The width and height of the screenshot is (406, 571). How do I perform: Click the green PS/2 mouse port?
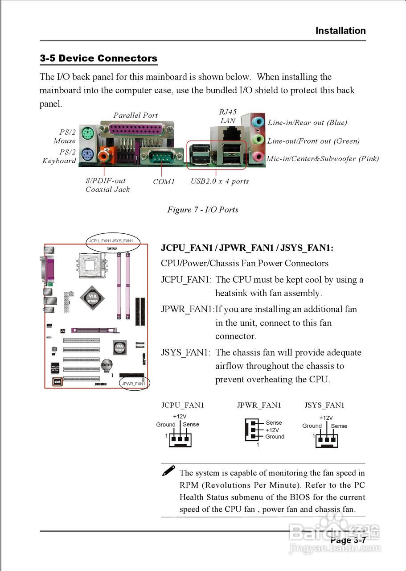tap(87, 132)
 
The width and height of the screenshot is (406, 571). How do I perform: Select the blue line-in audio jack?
tap(257, 122)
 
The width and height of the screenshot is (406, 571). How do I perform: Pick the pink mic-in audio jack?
tap(257, 157)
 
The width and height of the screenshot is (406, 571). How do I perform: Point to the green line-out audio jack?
tap(257, 140)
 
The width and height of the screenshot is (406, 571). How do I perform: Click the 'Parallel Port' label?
tap(135, 115)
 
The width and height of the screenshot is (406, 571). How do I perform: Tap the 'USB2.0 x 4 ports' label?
tap(220, 181)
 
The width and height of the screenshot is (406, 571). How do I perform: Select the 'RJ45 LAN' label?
tap(228, 116)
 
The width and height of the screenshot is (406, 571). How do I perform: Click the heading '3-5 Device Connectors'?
tap(98, 58)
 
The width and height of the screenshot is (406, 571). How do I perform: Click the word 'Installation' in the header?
tap(340, 31)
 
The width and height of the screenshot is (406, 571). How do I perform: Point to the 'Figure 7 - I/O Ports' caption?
tap(202, 210)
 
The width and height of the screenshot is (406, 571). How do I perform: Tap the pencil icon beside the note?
tap(168, 470)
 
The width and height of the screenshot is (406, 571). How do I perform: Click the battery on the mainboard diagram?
tap(107, 364)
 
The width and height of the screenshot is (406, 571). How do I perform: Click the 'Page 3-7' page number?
tap(348, 540)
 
